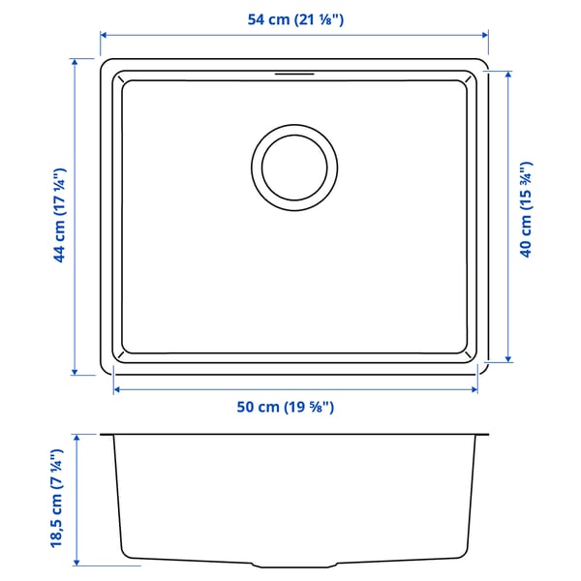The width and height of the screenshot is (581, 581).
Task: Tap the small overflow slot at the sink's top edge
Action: point(295,72)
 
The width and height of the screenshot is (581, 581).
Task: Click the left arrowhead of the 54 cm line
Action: point(104,33)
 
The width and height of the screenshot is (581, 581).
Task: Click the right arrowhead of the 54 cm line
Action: point(487,33)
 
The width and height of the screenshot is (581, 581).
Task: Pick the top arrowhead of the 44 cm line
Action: point(75,61)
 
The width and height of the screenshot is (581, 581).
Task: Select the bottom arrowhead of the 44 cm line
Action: point(75,373)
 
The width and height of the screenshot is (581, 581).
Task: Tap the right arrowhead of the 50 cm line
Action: point(474,388)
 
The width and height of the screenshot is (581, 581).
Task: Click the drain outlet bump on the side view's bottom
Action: point(295,564)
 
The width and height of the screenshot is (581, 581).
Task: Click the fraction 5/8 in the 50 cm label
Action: point(317,408)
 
